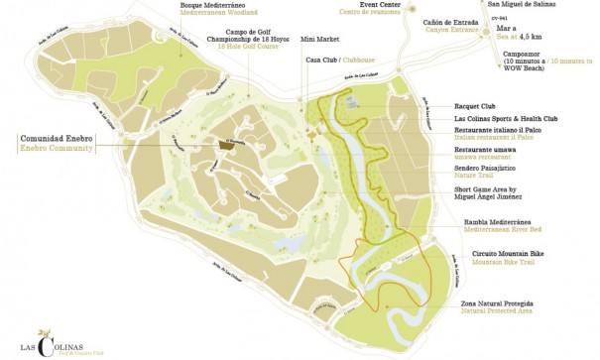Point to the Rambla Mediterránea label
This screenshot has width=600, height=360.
tap(494, 221)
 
